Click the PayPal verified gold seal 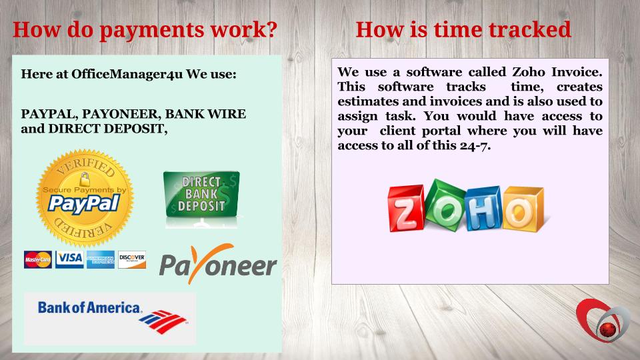pyautogui.click(x=85, y=198)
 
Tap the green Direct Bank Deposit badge pyautogui.click(x=201, y=194)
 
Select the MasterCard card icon pyautogui.click(x=37, y=259)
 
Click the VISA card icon pyautogui.click(x=69, y=259)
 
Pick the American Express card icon pyautogui.click(x=101, y=259)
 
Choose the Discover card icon pyautogui.click(x=132, y=259)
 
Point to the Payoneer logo pyautogui.click(x=218, y=264)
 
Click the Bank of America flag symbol pyautogui.click(x=163, y=321)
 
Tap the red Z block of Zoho pyautogui.click(x=406, y=209)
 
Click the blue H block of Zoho pyautogui.click(x=483, y=208)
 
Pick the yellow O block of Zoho pyautogui.click(x=523, y=209)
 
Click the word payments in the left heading pyautogui.click(x=151, y=31)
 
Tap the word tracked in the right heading pyautogui.click(x=530, y=29)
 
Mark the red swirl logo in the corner pyautogui.click(x=603, y=321)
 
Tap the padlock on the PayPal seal pyautogui.click(x=85, y=179)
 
